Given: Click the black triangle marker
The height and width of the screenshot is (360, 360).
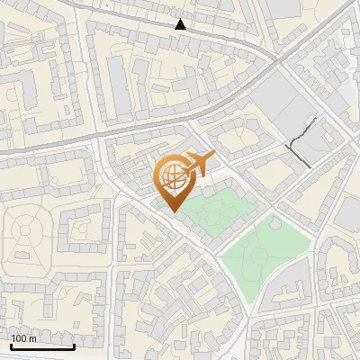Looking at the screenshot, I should pos(181,24).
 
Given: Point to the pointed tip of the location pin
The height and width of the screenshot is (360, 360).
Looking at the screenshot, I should pos(171,211).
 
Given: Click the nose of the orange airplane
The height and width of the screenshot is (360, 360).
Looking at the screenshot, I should pos(215,157).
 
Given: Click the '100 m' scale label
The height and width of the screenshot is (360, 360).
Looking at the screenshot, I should pos(24,338).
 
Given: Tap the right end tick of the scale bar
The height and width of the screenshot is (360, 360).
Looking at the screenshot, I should pos(75,346).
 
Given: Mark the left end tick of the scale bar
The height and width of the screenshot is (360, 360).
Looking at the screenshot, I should pos(10,346).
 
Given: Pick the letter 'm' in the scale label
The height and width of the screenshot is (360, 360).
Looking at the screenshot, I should pos(32,338).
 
